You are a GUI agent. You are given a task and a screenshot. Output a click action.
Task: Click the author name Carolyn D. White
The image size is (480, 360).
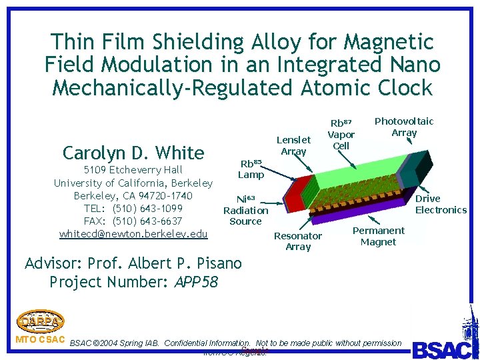coord(133,153)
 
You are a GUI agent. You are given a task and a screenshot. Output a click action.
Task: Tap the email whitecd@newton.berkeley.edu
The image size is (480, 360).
coord(133,233)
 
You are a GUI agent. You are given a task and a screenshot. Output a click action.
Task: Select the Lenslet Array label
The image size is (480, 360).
coord(293,145)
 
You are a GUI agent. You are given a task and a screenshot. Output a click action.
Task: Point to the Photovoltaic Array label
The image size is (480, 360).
coord(404,127)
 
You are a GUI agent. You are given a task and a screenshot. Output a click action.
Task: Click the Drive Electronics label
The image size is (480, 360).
coord(441,204)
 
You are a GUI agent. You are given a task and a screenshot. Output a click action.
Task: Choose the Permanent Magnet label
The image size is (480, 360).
coord(378,236)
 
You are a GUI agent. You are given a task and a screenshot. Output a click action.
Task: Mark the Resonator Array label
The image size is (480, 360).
coord(298,241)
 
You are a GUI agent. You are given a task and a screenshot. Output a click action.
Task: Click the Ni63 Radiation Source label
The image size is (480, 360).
coord(245,210)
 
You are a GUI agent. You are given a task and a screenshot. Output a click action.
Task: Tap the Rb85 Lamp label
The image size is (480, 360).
coord(251,169)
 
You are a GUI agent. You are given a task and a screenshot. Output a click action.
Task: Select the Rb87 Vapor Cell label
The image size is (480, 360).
coord(341,134)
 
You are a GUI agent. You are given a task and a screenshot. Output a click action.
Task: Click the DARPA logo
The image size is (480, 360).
coord(40,320)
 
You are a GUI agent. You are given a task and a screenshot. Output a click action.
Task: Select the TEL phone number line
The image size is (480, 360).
coord(133,208)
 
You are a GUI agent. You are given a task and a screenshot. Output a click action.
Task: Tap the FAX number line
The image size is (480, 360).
coord(133,221)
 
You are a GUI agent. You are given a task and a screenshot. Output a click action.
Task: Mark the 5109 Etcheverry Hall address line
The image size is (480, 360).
coord(133,170)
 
